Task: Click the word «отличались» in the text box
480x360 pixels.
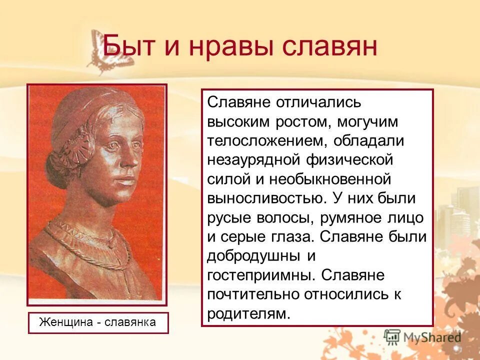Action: tap(315, 102)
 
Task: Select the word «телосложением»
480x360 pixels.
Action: tap(265, 140)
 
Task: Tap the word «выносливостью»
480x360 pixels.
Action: tap(265, 197)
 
